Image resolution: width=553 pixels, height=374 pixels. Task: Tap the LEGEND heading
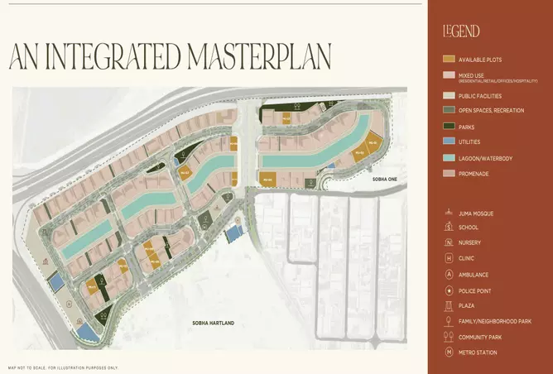[461, 31]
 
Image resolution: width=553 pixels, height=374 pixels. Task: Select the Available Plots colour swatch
[449, 60]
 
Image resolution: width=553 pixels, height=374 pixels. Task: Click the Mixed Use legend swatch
[449, 76]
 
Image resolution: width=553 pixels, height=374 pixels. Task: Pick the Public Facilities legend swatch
[449, 96]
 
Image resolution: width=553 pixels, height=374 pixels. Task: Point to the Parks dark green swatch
[449, 127]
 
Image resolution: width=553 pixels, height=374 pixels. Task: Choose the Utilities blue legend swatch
[449, 142]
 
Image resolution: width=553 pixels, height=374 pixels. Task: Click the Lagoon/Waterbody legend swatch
[449, 157]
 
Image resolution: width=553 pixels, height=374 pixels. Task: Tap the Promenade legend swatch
[449, 173]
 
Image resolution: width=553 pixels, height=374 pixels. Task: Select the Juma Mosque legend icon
[449, 213]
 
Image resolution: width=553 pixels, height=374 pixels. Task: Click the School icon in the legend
[449, 228]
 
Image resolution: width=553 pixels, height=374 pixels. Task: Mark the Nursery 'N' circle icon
[449, 243]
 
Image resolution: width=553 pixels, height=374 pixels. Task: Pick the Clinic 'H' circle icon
[449, 259]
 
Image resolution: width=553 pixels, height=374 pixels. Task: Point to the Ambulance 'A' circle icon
[449, 275]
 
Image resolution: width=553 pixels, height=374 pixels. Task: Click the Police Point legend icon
[449, 290]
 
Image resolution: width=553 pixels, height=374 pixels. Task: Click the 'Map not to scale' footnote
[63, 367]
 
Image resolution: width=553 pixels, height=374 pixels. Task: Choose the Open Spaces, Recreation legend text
[491, 111]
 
